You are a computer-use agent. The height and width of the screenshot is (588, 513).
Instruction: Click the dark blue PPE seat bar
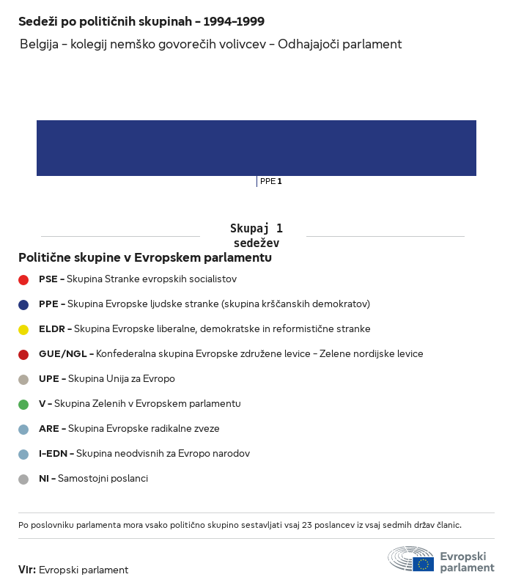[x=256, y=148]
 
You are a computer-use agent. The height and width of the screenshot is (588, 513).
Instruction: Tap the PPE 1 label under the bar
[x=270, y=181]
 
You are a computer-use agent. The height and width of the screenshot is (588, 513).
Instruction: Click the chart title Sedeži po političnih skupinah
[x=141, y=22]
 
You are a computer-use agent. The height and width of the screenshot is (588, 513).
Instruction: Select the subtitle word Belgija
[x=40, y=44]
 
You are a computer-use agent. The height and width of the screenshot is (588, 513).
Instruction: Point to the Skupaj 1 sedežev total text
[x=256, y=235]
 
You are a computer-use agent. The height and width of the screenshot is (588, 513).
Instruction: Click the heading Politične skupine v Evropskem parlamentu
[x=145, y=258]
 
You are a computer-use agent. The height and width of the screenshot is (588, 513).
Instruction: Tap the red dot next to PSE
[x=23, y=279]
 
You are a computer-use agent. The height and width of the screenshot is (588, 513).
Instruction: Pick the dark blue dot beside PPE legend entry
[x=23, y=304]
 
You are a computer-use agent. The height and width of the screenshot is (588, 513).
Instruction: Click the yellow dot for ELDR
[x=23, y=329]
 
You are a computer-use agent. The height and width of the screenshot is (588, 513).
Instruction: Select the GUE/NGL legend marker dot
[x=23, y=354]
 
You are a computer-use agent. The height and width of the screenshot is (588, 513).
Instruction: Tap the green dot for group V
[x=23, y=404]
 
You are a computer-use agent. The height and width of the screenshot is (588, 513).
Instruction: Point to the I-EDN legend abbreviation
[x=53, y=454]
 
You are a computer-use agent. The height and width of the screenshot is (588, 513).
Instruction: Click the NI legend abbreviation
[x=44, y=479]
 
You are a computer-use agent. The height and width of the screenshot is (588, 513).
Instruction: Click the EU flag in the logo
[x=423, y=564]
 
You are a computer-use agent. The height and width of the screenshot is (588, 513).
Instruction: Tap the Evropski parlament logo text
[x=467, y=562]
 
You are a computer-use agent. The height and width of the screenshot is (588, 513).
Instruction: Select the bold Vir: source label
[x=26, y=570]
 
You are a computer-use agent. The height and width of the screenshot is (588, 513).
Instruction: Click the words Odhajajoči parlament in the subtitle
[x=340, y=44]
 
